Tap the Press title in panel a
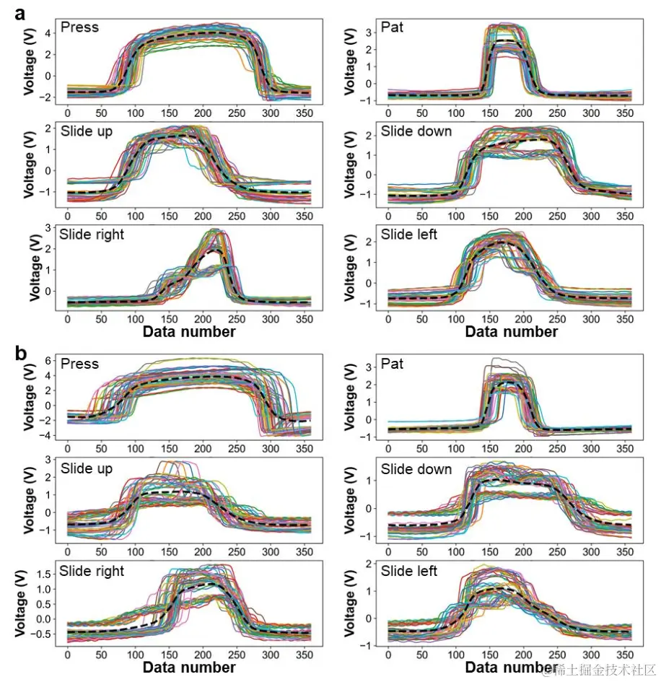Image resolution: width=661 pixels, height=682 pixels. point(80,27)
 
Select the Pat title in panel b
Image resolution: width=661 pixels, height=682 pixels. point(392,364)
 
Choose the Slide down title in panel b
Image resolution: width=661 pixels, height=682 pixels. point(416,469)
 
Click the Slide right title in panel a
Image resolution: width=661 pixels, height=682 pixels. point(92,235)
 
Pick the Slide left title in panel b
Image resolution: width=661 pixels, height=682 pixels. point(409,572)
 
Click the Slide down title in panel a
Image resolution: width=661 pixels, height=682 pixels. point(416,131)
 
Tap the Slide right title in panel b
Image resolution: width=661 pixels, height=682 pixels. point(92,572)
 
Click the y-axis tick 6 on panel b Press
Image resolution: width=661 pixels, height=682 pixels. point(51,360)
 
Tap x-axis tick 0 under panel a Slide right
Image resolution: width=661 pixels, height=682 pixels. point(67,318)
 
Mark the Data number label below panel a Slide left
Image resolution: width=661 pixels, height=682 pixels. point(511,331)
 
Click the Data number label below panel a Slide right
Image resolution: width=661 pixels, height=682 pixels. point(189,331)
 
